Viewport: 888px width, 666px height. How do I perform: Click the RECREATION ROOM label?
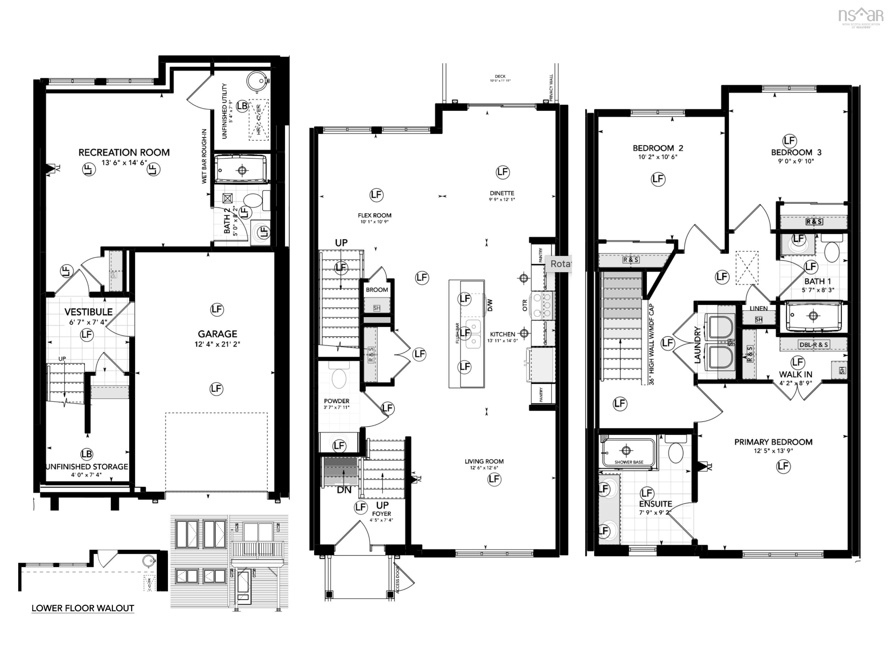(x=124, y=153)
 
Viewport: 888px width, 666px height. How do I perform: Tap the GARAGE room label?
(x=217, y=334)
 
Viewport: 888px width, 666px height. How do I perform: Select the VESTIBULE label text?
(x=88, y=312)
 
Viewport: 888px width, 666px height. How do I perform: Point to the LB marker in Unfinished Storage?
(x=87, y=454)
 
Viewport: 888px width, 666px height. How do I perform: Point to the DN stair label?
(x=344, y=490)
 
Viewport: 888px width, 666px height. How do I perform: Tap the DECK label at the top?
(x=500, y=76)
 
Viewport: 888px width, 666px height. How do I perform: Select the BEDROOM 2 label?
(x=658, y=148)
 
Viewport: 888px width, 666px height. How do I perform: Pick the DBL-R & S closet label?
(x=813, y=345)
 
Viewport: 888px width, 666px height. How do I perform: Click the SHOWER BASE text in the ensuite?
(x=629, y=462)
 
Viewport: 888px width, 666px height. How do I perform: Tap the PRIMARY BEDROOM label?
(x=773, y=442)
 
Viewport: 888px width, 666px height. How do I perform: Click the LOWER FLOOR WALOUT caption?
(x=83, y=608)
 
